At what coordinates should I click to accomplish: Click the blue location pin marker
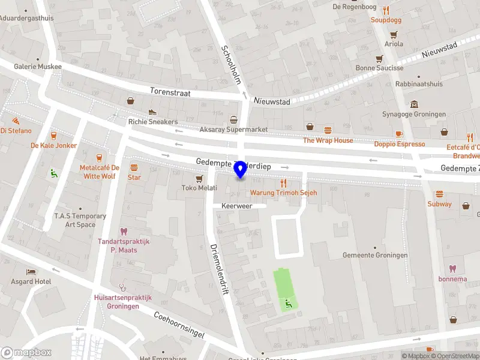click(x=241, y=170)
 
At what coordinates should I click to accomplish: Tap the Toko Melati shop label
click(x=199, y=188)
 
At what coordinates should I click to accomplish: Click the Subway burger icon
click(x=440, y=194)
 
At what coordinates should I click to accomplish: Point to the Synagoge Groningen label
click(x=414, y=114)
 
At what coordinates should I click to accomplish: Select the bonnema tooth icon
click(x=451, y=269)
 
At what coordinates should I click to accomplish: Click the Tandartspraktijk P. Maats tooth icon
click(x=124, y=231)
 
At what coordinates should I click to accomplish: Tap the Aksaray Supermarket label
click(x=233, y=130)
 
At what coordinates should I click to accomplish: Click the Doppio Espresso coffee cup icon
click(x=399, y=134)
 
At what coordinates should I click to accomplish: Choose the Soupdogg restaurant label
click(x=386, y=19)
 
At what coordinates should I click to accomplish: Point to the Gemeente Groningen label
click(x=375, y=255)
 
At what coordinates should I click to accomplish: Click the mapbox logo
click(x=26, y=352)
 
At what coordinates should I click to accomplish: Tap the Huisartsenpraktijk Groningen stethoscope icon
click(x=124, y=287)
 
